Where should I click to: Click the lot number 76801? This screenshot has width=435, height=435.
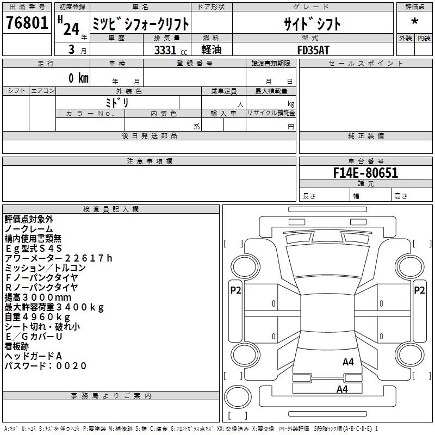tap(27, 23)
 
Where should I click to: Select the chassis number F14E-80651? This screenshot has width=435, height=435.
tap(365, 173)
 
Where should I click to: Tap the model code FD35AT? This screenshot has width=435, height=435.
tap(313, 50)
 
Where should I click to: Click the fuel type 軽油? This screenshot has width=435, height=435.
tap(212, 49)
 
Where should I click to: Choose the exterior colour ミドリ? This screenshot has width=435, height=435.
tap(117, 102)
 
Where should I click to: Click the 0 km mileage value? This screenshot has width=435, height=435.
tap(78, 78)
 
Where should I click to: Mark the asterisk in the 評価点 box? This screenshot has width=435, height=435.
tap(415, 21)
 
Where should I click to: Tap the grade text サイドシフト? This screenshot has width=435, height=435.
tap(312, 24)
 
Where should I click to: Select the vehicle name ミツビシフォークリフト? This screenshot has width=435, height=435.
tap(140, 24)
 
